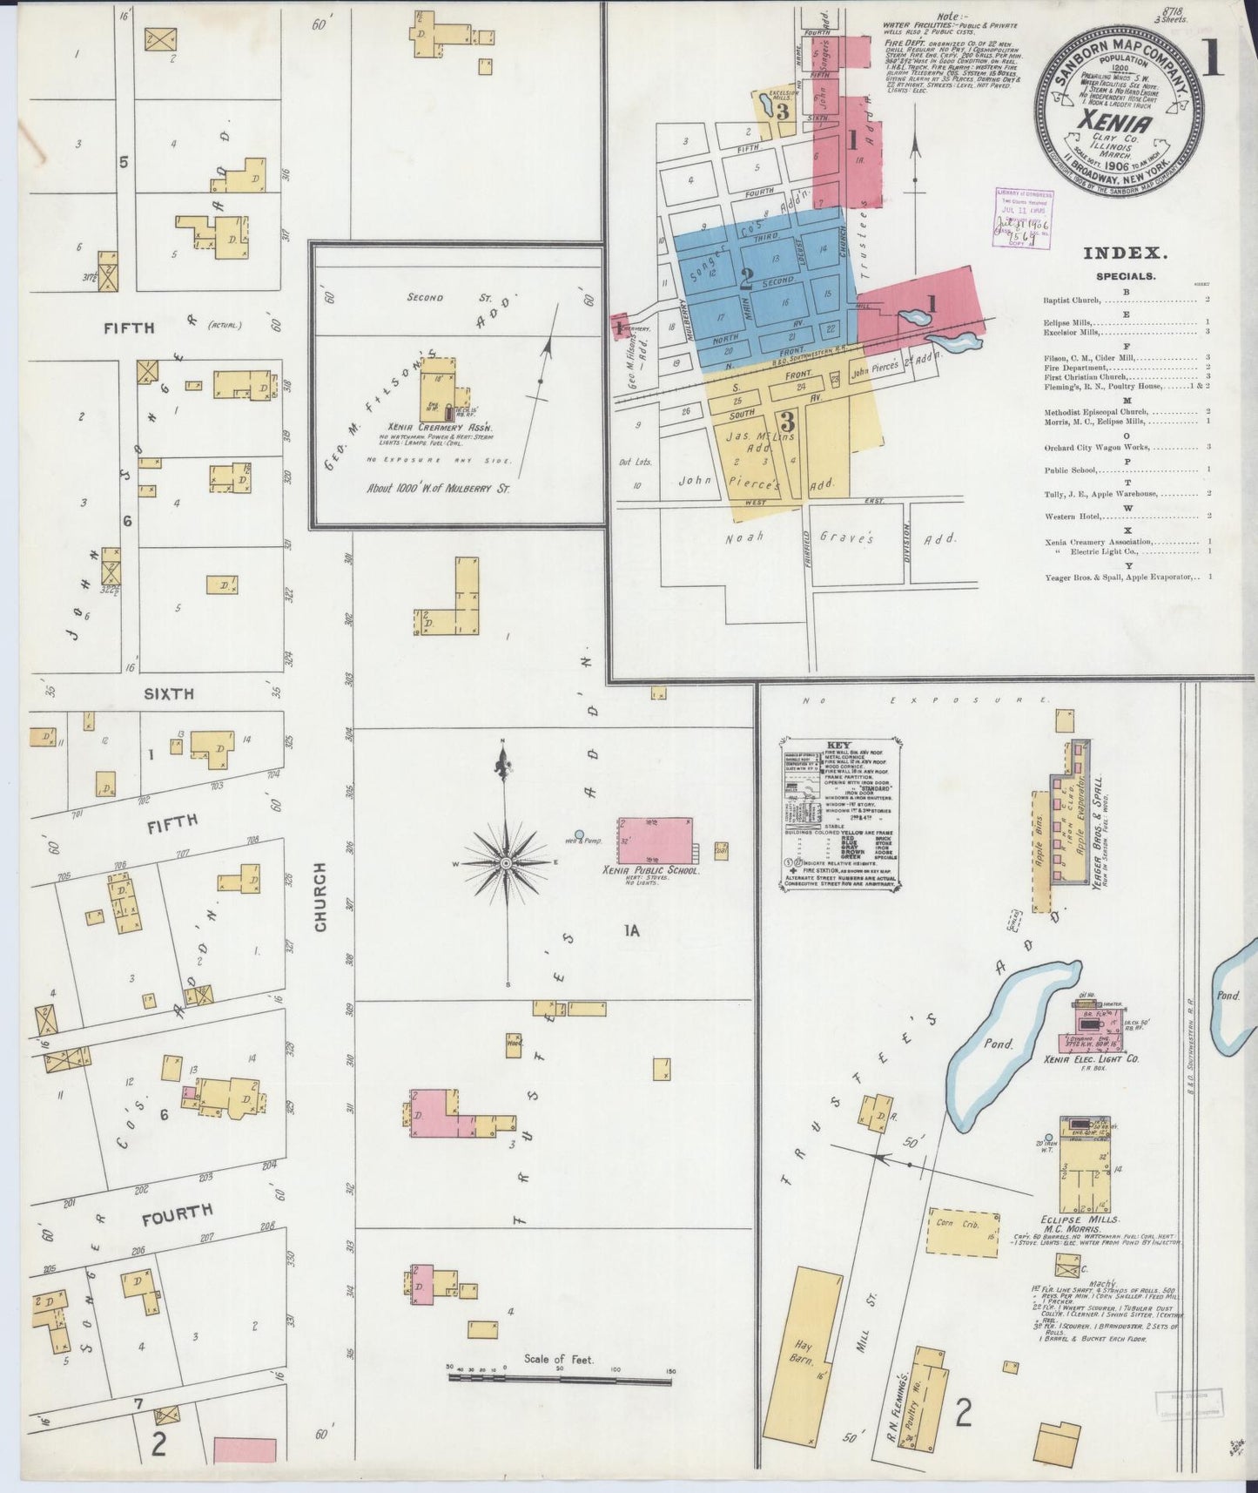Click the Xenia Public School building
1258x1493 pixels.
pyautogui.click(x=655, y=840)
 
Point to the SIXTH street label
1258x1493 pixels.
pyautogui.click(x=169, y=694)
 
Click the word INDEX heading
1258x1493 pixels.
pyautogui.click(x=1124, y=253)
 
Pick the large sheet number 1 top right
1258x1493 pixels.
pyautogui.click(x=1213, y=64)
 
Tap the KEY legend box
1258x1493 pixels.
pyautogui.click(x=839, y=815)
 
